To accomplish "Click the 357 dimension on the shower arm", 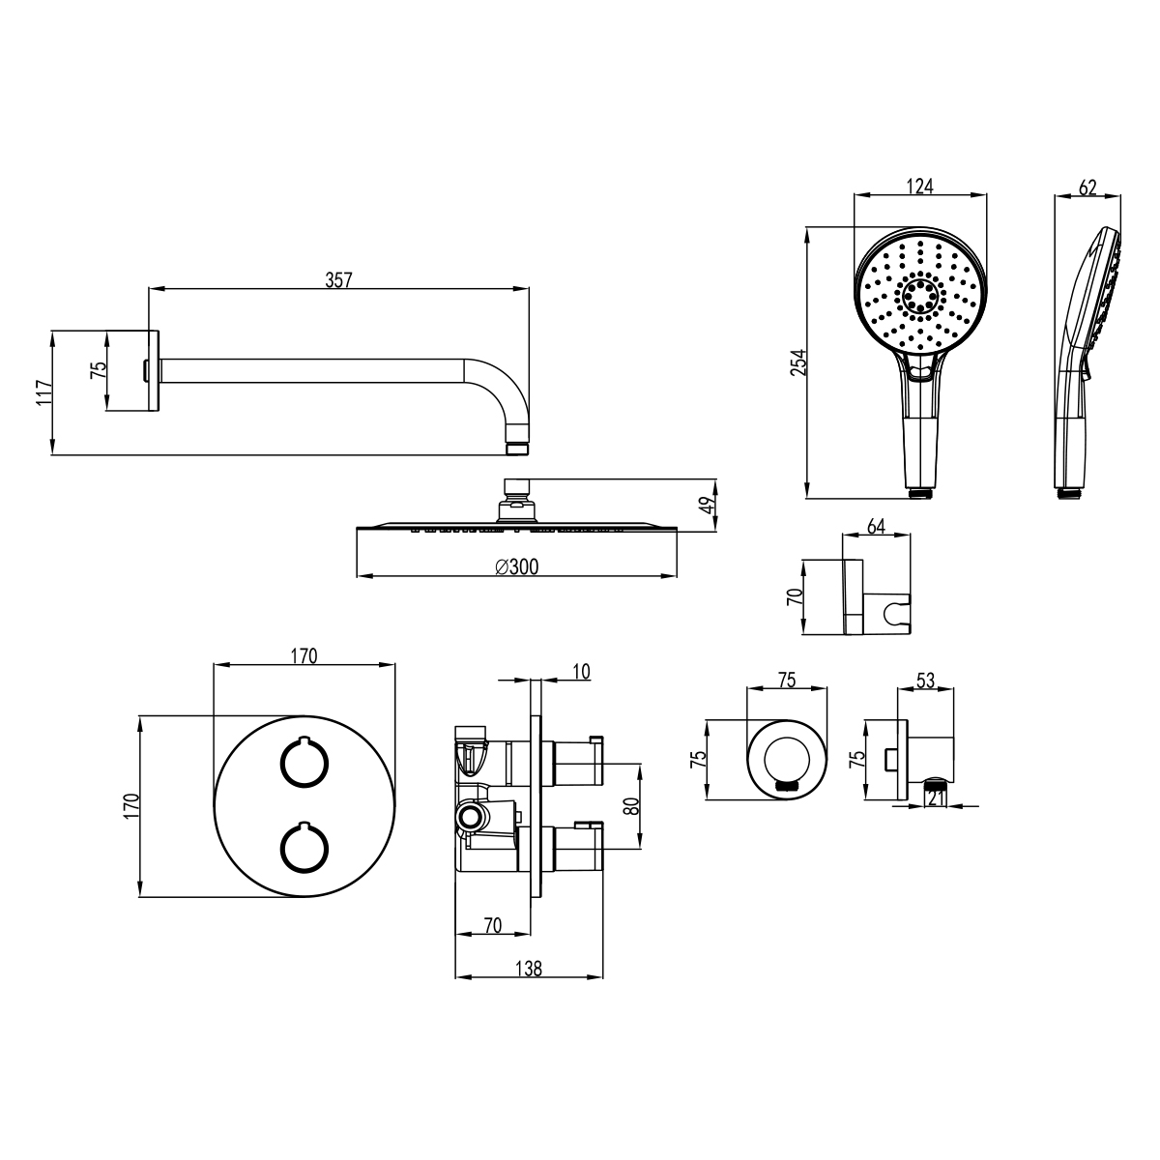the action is tap(338, 280).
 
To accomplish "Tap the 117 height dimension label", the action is tap(43, 392).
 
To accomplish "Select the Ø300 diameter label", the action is tap(517, 566).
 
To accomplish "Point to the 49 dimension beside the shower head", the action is tap(710, 505).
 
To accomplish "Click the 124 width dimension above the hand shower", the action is tap(920, 187).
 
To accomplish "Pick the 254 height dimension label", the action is tap(798, 362).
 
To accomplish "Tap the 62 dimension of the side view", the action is tap(1087, 188).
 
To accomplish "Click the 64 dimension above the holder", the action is tap(876, 526).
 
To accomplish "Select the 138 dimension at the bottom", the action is tap(529, 969).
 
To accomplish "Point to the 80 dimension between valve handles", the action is tap(631, 806).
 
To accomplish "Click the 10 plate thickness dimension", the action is tap(581, 671).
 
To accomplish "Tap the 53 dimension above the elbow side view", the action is tap(925, 681).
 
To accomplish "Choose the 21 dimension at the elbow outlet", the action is tap(936, 798).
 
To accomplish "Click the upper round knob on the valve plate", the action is tap(304, 762).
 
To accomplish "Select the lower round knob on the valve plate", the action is tap(304, 848).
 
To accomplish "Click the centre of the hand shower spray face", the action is tap(920, 295).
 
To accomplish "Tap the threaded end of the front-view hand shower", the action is tap(920, 493).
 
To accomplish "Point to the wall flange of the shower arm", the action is tap(154, 371).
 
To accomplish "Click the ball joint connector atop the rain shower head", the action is tap(516, 500).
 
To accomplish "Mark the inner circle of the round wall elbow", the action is tap(787, 760).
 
